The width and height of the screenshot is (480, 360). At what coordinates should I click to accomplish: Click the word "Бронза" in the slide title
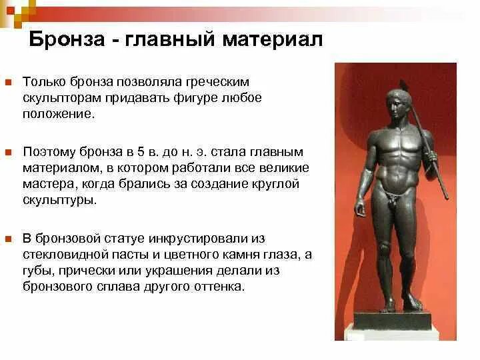64,39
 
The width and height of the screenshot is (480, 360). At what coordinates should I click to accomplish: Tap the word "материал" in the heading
273,39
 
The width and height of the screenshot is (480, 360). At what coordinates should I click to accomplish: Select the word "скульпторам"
57,98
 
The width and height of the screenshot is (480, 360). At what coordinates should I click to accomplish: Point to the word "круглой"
276,184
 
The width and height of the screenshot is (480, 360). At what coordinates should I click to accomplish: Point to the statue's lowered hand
361,208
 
